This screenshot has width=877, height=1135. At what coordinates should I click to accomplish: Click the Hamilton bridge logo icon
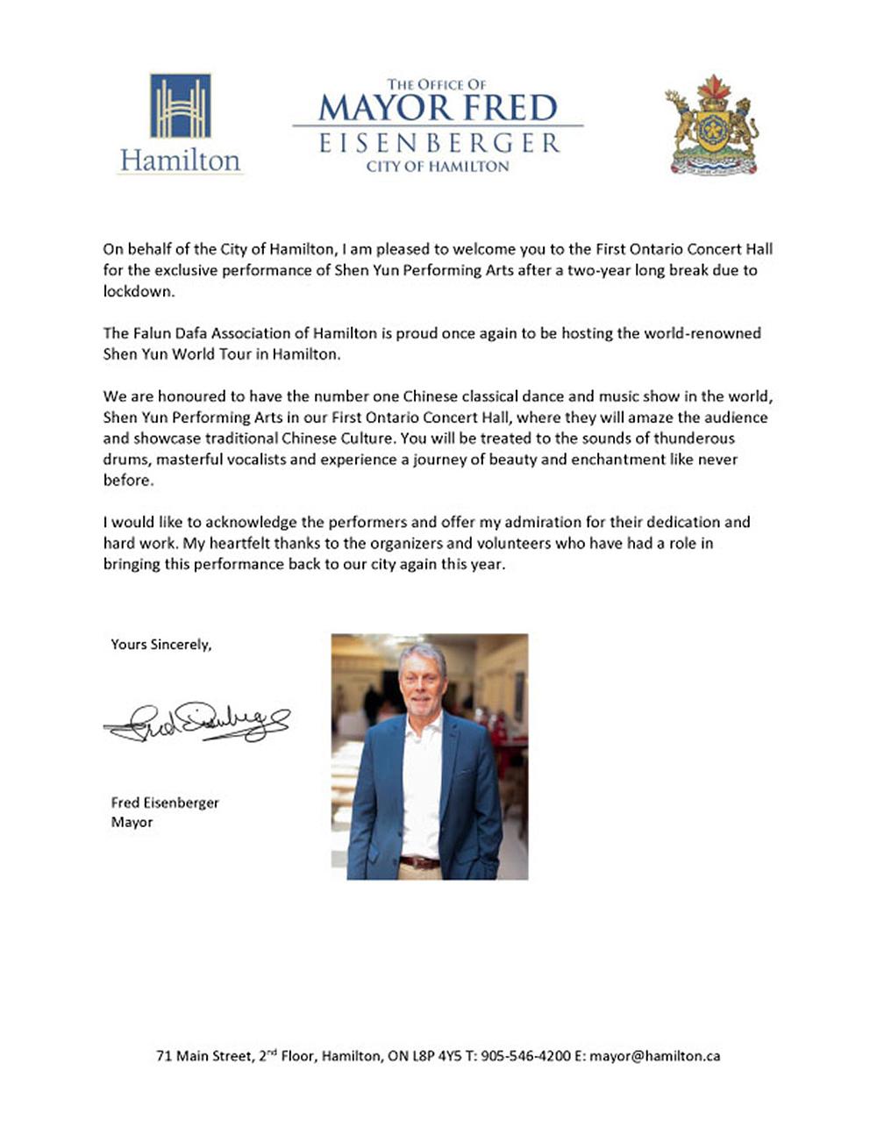pyautogui.click(x=181, y=106)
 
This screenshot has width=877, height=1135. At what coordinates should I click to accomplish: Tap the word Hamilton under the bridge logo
pyautogui.click(x=180, y=161)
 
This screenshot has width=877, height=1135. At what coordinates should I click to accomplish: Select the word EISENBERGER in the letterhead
pyautogui.click(x=438, y=143)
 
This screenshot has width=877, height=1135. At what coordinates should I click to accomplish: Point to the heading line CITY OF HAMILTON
pyautogui.click(x=438, y=166)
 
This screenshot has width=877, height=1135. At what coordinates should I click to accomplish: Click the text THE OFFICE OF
pyautogui.click(x=437, y=85)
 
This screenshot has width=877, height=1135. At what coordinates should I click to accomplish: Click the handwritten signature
pyautogui.click(x=196, y=722)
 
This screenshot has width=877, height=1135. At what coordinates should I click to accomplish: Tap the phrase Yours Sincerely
pyautogui.click(x=160, y=645)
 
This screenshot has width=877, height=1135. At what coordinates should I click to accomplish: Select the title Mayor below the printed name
pyautogui.click(x=132, y=822)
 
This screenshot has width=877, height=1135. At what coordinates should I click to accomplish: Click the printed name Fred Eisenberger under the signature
pyautogui.click(x=165, y=803)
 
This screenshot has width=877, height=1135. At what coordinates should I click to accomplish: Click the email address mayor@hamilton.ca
pyautogui.click(x=654, y=1056)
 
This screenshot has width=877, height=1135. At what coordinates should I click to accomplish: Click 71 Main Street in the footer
pyautogui.click(x=203, y=1056)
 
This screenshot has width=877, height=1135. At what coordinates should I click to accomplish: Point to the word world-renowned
pyautogui.click(x=705, y=333)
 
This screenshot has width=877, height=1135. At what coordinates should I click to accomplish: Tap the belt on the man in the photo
pyautogui.click(x=420, y=862)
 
